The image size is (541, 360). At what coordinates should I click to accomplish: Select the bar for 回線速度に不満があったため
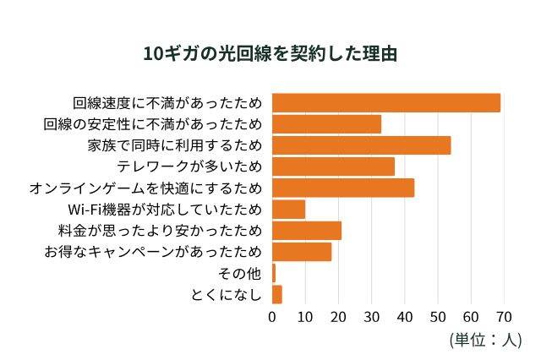point(385,103)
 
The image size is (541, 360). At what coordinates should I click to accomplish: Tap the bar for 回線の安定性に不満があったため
point(326,124)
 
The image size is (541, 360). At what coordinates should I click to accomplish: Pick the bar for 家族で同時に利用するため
point(361,145)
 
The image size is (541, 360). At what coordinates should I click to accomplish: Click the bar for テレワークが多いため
point(333,166)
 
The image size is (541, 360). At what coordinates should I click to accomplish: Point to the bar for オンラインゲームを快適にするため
point(343,188)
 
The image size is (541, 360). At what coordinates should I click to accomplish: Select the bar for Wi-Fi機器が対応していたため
point(288,210)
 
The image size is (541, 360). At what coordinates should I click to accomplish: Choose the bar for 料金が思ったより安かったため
point(306,231)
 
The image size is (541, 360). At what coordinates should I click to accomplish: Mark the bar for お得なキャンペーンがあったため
point(302,252)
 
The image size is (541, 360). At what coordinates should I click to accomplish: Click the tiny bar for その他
point(274,273)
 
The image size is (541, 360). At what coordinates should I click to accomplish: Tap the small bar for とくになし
point(276,294)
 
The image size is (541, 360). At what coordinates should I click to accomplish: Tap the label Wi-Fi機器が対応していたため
point(164,210)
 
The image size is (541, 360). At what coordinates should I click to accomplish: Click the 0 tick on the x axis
point(272,318)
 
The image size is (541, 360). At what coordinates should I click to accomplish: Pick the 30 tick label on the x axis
point(371,318)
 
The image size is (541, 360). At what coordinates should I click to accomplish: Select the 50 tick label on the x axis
point(438,318)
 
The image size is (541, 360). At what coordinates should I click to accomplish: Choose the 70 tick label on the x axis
point(505,318)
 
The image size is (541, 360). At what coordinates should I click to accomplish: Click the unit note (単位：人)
point(485,340)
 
